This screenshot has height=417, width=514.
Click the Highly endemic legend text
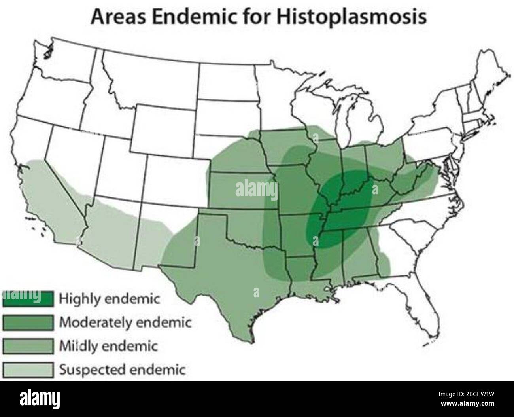pyautogui.click(x=109, y=299)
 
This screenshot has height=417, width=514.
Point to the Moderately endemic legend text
pyautogui.click(x=125, y=323)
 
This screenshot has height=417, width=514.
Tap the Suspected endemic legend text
pyautogui.click(x=122, y=370)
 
